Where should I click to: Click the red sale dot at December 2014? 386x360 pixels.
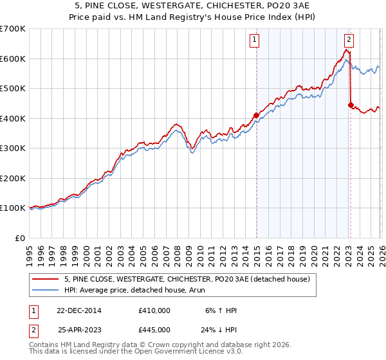point(256,116)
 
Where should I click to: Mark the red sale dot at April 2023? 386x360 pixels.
point(351,105)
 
